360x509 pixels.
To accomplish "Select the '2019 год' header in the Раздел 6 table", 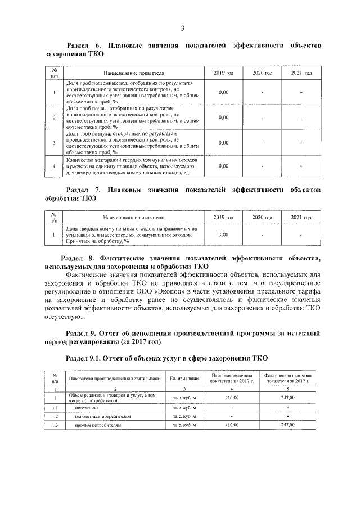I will click(x=223, y=74).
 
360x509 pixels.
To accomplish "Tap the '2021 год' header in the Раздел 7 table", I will click(x=301, y=218).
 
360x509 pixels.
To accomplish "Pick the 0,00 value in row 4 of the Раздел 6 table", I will click(x=223, y=166).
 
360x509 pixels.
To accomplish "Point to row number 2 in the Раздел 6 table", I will click(x=54, y=117).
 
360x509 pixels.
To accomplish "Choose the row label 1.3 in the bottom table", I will click(x=55, y=425).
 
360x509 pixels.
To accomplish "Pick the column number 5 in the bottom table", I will click(x=288, y=388).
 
